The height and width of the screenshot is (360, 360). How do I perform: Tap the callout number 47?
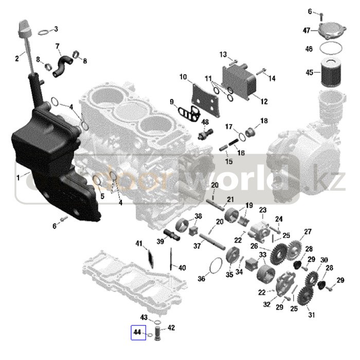pos(307,31)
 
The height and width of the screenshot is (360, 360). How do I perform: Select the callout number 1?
pos(19,177)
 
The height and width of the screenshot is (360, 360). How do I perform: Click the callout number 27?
pos(308,232)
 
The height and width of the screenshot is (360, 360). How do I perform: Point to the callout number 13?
pos(223,55)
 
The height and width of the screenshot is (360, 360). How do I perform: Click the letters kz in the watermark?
pos(334,181)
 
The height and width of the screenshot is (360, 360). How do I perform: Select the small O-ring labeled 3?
pos(45,31)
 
